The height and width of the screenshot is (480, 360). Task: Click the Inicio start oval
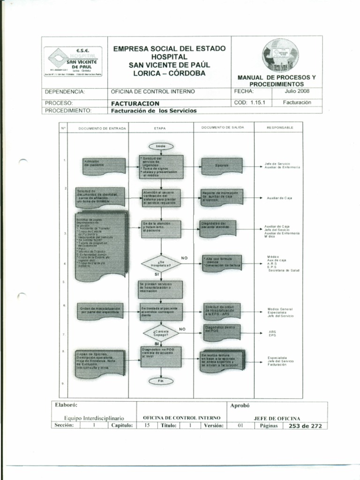click(x=161, y=146)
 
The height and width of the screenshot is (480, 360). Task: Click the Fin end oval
click(x=161, y=381)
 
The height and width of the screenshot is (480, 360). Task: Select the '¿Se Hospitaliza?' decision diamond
click(x=161, y=264)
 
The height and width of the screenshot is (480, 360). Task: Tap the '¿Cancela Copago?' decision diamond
click(x=161, y=334)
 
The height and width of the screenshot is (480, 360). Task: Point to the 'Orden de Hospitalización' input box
click(x=100, y=311)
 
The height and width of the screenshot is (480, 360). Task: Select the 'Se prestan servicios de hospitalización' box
click(x=160, y=289)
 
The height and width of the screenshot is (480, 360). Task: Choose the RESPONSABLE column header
click(x=280, y=127)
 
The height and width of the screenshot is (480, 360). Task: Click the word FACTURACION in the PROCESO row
click(x=135, y=103)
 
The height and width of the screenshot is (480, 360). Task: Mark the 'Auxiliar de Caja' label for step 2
click(x=279, y=198)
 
